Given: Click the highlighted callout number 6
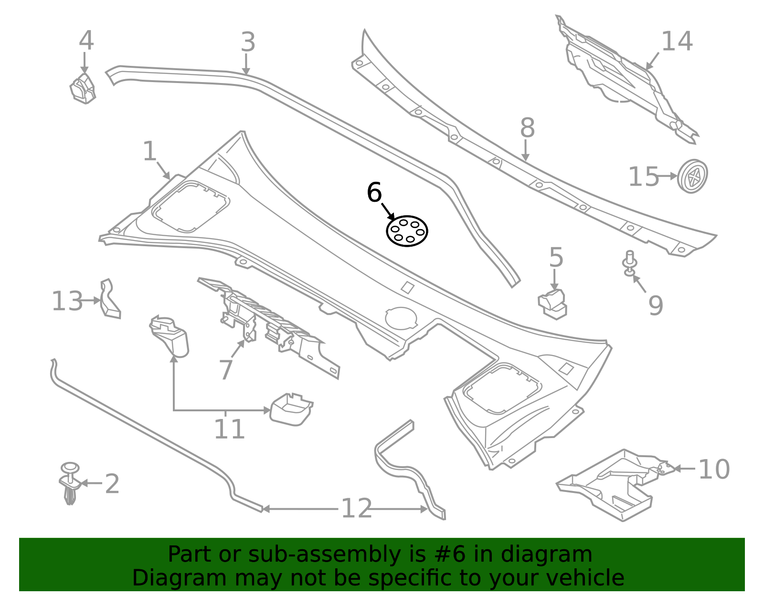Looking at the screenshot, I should (374, 193).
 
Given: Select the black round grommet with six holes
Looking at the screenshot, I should (407, 231).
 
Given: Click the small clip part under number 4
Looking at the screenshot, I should (83, 89).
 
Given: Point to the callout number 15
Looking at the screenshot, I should (643, 177).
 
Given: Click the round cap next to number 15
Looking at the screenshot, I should (692, 176).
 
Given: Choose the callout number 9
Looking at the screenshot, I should (656, 305).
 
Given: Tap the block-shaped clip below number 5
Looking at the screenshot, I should (553, 304).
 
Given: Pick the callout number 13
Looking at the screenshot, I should (67, 302).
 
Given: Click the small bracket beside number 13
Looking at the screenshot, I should (109, 299).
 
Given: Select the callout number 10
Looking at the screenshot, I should (713, 470).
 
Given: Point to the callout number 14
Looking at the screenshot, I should (677, 42).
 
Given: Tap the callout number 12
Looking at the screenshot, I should (356, 509).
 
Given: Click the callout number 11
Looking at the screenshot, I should (229, 429).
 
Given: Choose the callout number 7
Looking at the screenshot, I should (225, 370).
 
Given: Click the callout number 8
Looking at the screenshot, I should (527, 128).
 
